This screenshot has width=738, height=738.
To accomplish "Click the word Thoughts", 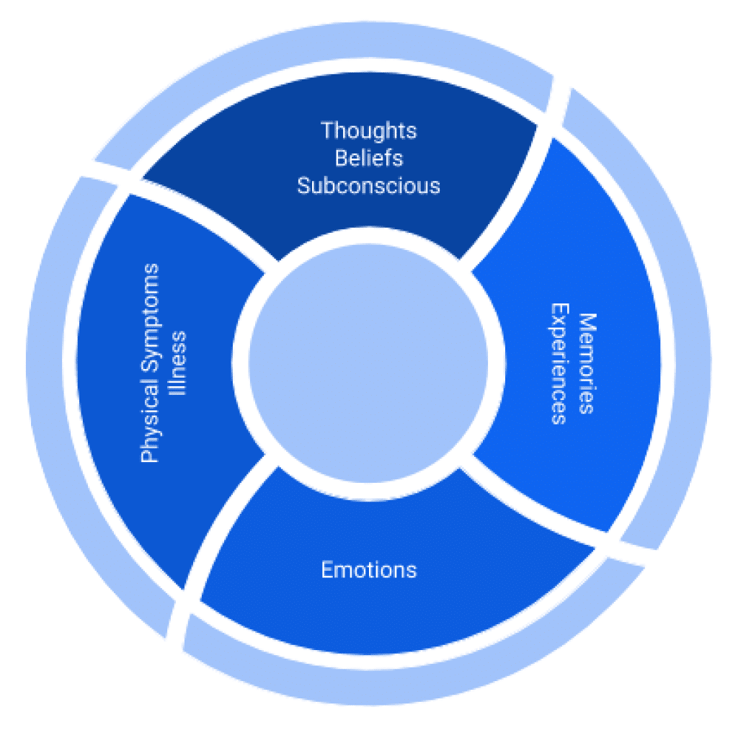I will coord(368,131).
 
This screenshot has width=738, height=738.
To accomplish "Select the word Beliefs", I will coord(368,158).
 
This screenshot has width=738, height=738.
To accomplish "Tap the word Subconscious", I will coord(368,185).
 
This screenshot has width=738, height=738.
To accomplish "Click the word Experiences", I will coord(559,363).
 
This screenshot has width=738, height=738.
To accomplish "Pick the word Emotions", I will coord(368,570).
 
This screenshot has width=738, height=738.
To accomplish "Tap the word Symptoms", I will coord(150,321).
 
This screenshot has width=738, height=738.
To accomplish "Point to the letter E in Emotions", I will coord(326,570).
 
